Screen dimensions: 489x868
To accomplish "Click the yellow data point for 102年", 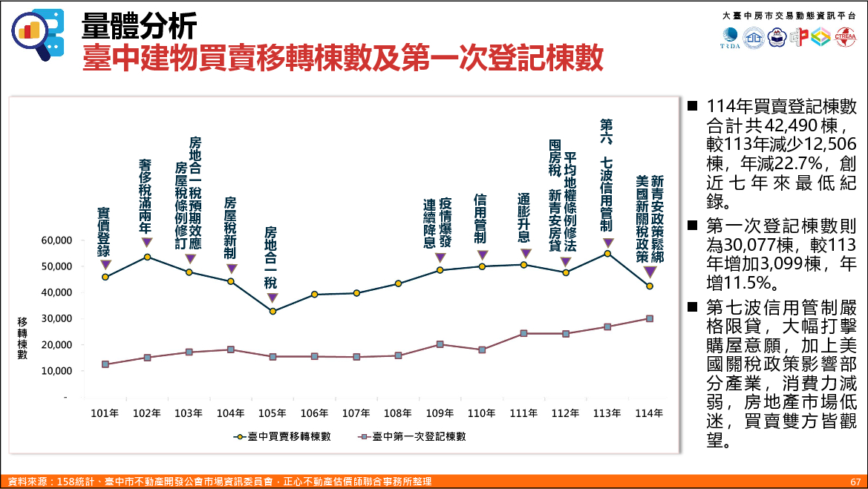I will click(x=147, y=257).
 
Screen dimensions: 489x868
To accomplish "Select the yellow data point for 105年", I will click(x=273, y=311).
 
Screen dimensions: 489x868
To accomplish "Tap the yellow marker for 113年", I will click(x=607, y=253).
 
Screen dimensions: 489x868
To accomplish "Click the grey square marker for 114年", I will click(x=650, y=318).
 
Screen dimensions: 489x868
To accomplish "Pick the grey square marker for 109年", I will click(x=440, y=344).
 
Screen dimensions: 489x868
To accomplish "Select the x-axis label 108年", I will click(x=398, y=413).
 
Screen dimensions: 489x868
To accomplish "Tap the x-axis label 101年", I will click(x=105, y=413).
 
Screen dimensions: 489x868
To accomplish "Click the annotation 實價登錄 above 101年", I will click(x=105, y=232).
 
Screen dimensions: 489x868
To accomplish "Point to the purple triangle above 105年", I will click(x=273, y=298).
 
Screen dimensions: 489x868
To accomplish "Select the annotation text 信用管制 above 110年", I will click(x=481, y=220).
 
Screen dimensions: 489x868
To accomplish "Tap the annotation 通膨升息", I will click(x=524, y=218).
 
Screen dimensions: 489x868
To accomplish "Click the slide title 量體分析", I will click(x=139, y=27).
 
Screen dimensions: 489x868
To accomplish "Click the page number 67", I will click(x=855, y=482).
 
